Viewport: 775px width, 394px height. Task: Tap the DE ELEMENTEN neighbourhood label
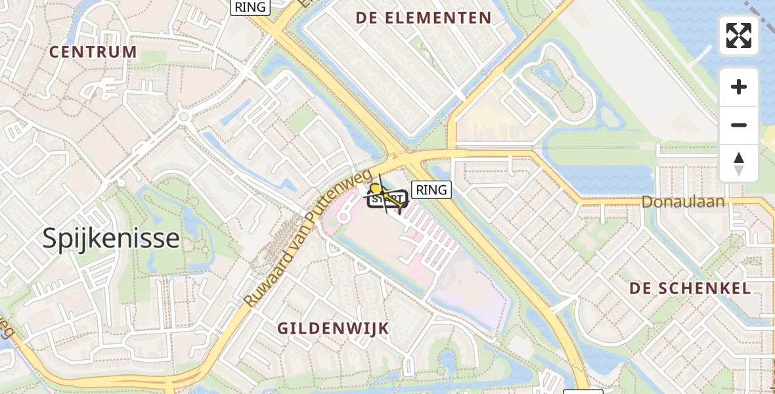pyautogui.click(x=424, y=18)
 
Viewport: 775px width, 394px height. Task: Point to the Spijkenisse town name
pyautogui.click(x=111, y=238)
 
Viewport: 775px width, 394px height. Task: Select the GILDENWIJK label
pyautogui.click(x=333, y=328)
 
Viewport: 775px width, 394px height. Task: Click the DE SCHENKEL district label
pyautogui.click(x=690, y=288)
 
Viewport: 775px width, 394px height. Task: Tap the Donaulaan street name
pyautogui.click(x=683, y=202)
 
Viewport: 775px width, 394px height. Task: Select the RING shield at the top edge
pyautogui.click(x=250, y=7)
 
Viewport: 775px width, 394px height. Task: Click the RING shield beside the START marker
pyautogui.click(x=431, y=190)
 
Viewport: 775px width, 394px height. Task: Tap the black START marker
pyautogui.click(x=387, y=198)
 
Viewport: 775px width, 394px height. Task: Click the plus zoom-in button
pyautogui.click(x=739, y=87)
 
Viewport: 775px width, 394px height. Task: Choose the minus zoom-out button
pyautogui.click(x=739, y=125)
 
